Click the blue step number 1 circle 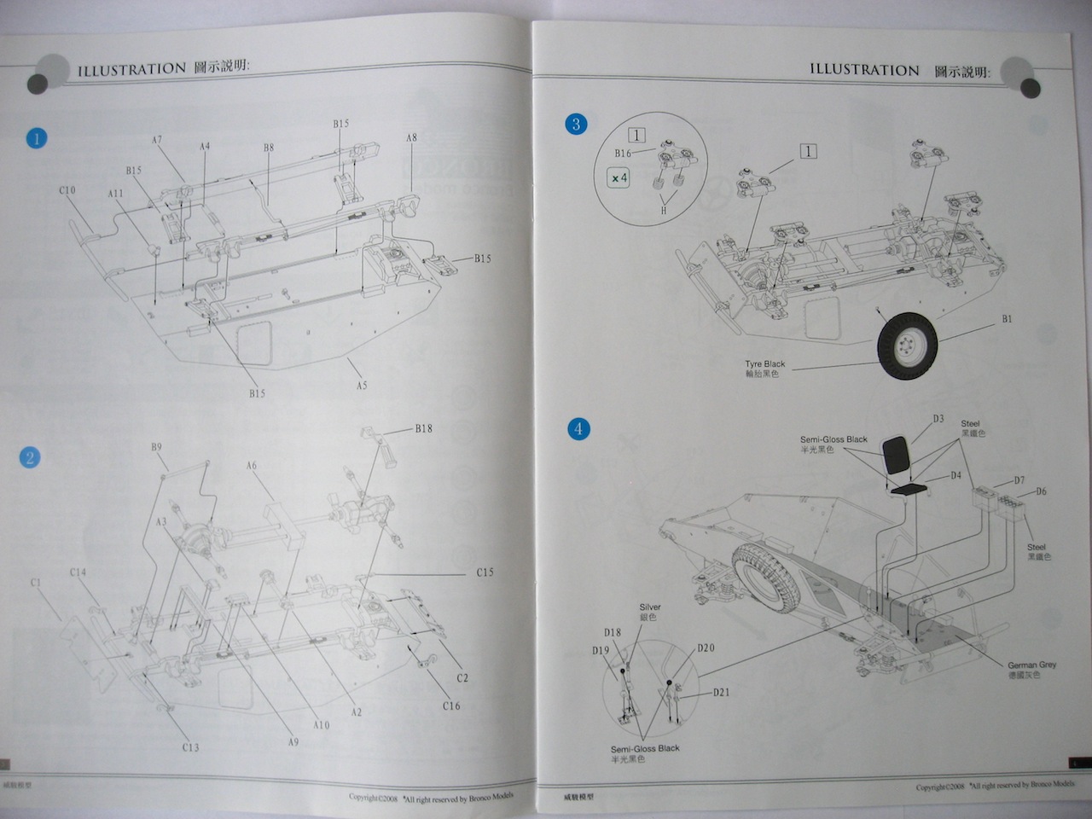[x=36, y=137]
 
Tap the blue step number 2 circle [x=30, y=457]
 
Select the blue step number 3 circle [x=576, y=125]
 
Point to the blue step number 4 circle [x=578, y=428]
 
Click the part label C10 [x=67, y=190]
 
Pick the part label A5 [x=362, y=386]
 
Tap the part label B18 [x=423, y=428]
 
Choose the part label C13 [x=190, y=747]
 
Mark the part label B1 [x=1007, y=319]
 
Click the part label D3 [x=938, y=419]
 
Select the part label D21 [x=721, y=692]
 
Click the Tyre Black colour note [x=764, y=369]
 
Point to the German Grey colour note [x=1031, y=670]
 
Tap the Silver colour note [x=650, y=612]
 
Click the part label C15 [x=485, y=572]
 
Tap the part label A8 [x=411, y=138]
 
